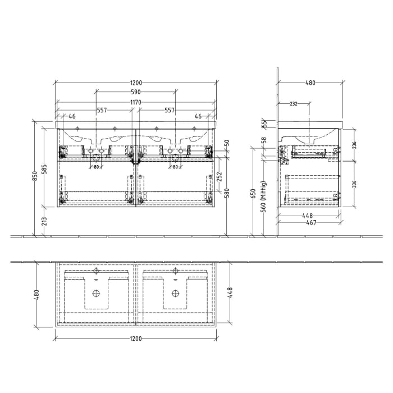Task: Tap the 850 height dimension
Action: pos(35,177)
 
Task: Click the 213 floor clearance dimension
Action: pos(45,222)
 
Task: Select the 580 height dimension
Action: pos(226,194)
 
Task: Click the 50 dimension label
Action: pos(226,144)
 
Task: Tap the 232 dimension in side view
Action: pos(294,104)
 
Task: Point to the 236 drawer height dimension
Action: pos(354,145)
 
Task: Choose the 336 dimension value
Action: pos(354,184)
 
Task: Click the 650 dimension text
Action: pos(254,194)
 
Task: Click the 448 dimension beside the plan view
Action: pos(231,293)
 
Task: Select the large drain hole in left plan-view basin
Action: pos(95,293)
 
